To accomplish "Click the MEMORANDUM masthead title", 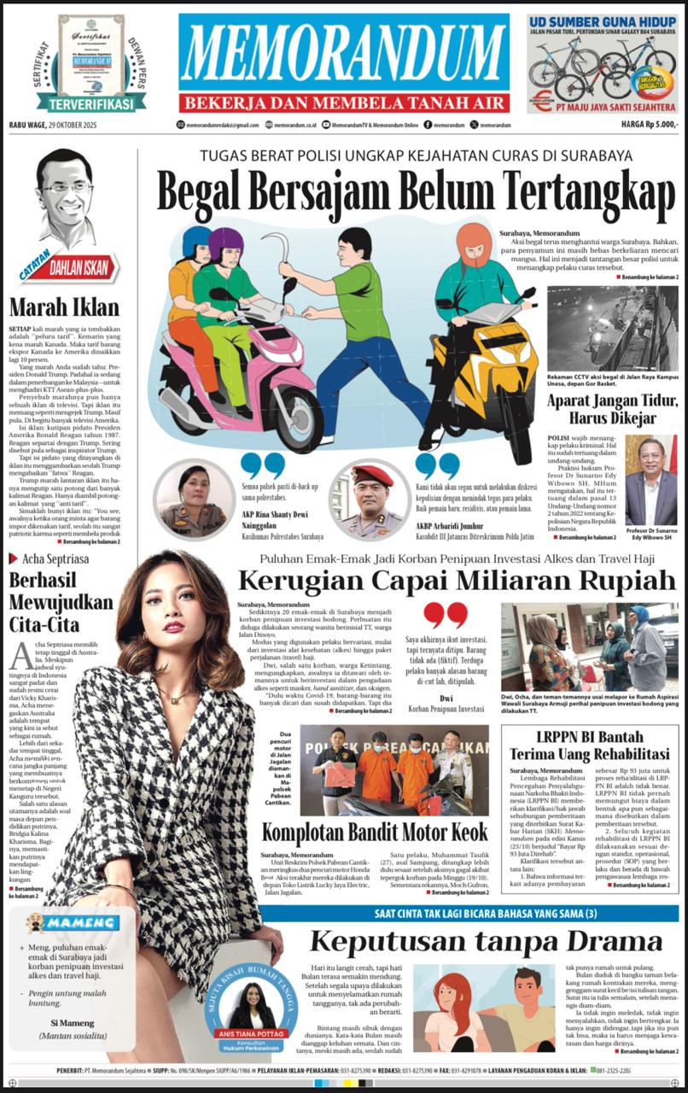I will [344, 55].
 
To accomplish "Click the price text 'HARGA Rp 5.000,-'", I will [649, 125].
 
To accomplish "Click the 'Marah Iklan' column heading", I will [64, 307].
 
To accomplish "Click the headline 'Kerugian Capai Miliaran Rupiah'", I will [457, 581].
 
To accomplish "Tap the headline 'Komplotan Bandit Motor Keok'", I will [375, 832].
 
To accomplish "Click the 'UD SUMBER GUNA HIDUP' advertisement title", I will [603, 21].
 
